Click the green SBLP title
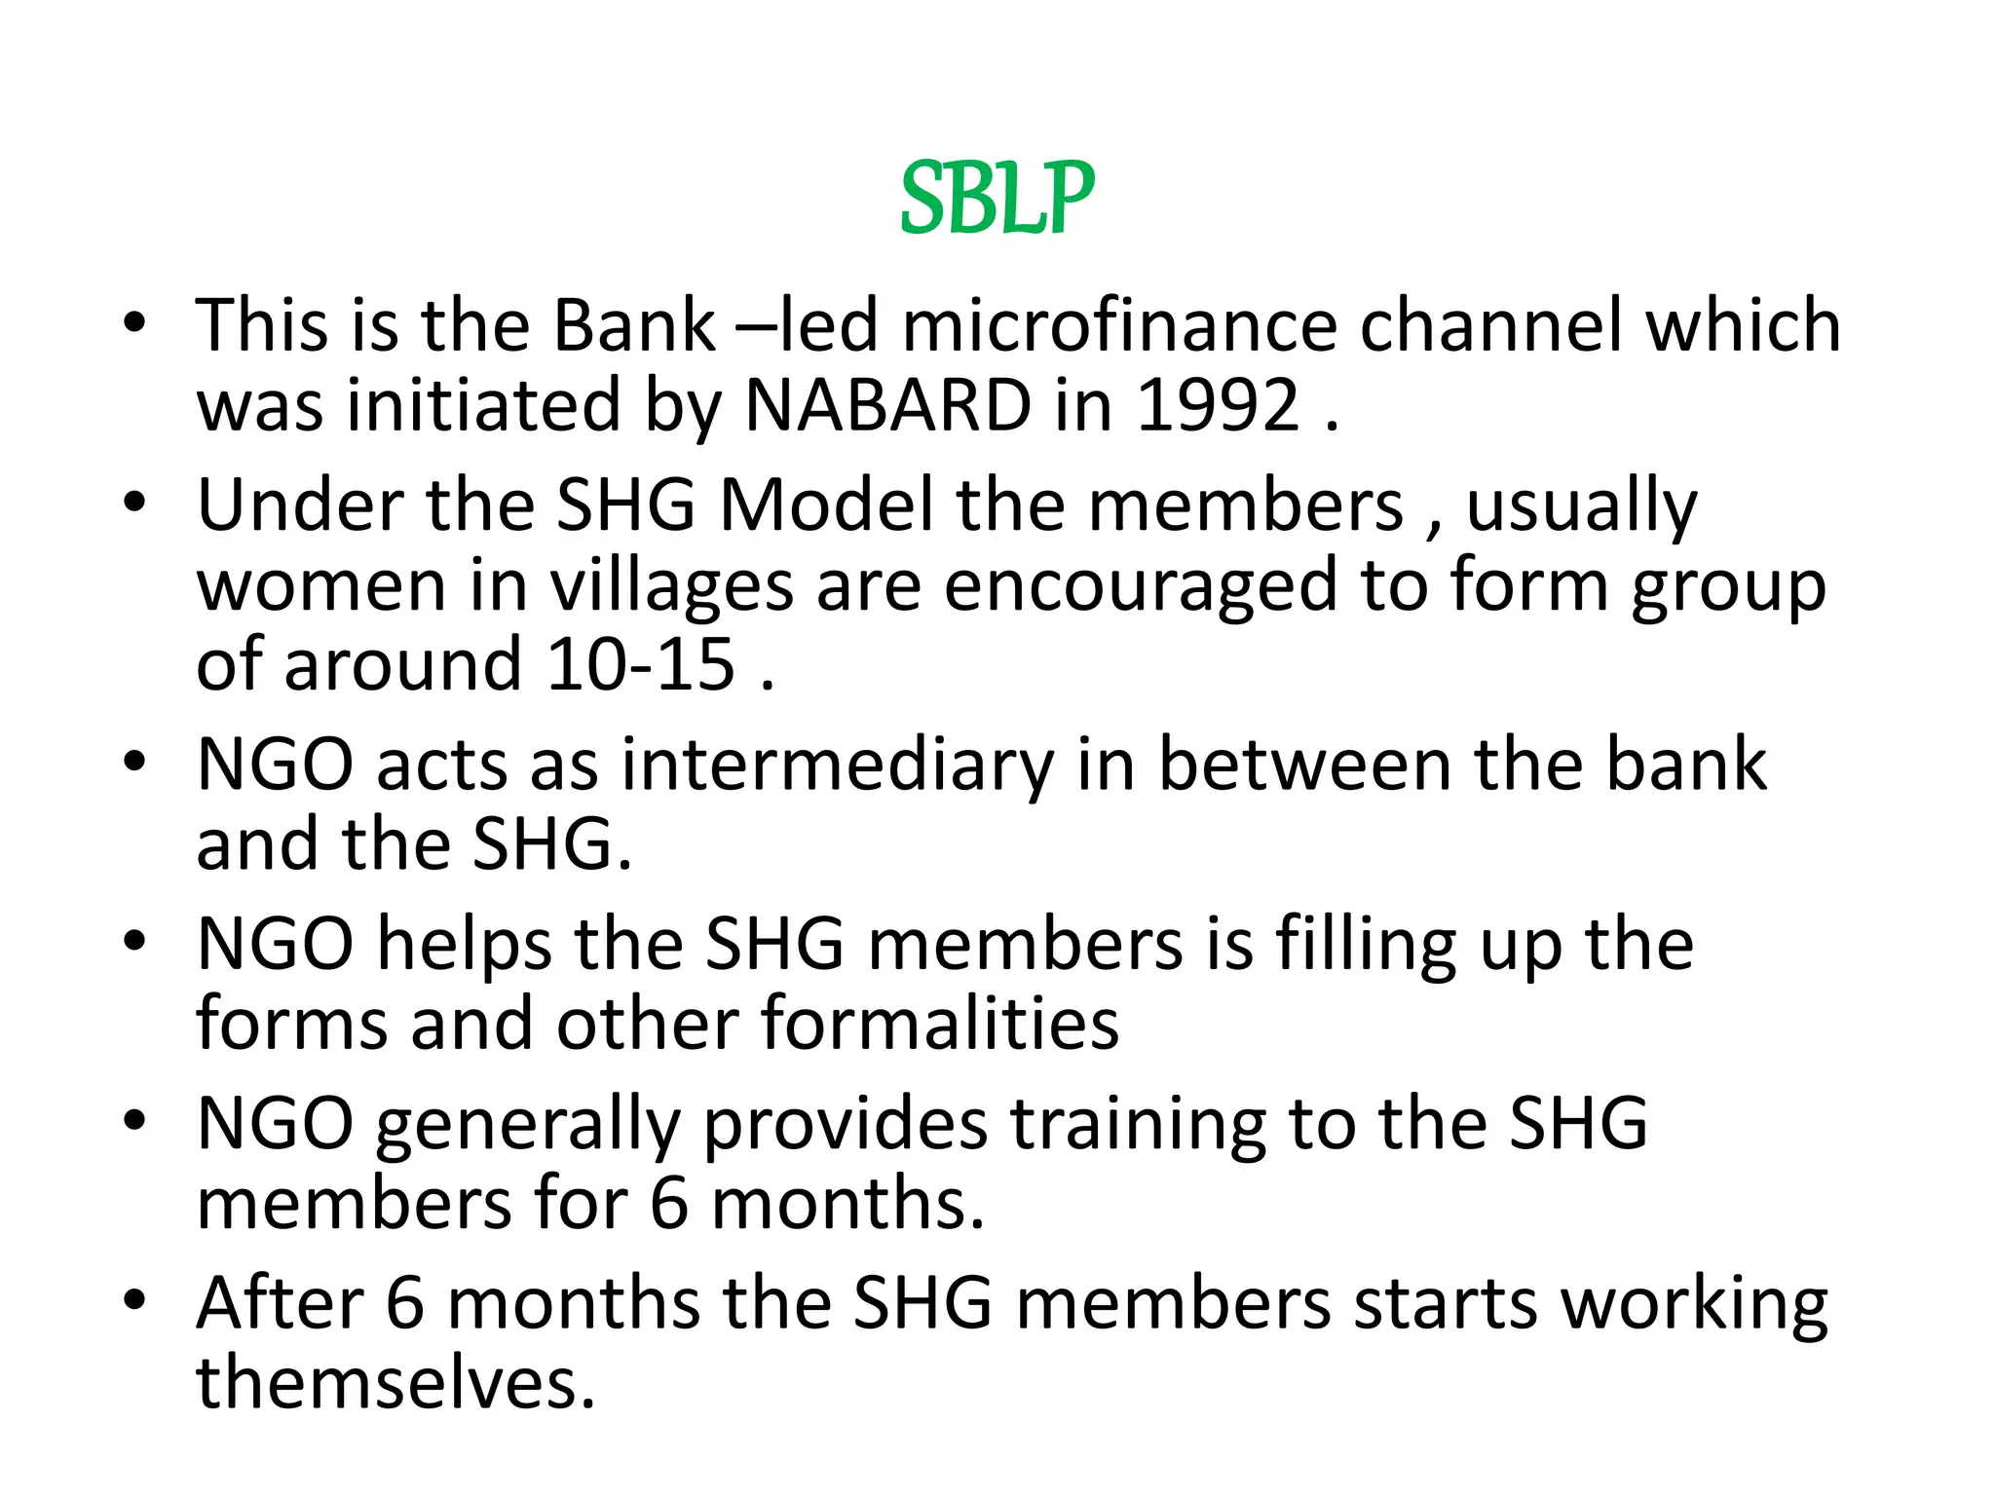coord(997,199)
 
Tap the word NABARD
coord(887,404)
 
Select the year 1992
coord(1218,404)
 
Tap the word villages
coord(671,587)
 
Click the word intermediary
coord(838,766)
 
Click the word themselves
coord(395,1382)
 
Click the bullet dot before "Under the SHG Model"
coord(134,502)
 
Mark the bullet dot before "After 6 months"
coord(134,1299)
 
